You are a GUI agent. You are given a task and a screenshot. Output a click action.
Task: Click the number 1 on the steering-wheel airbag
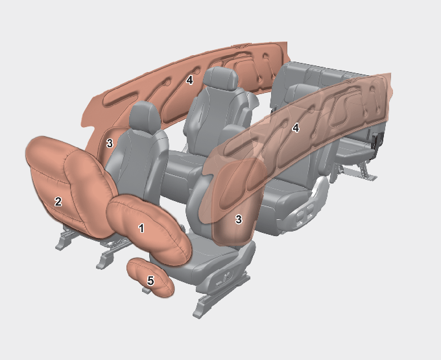click(x=141, y=228)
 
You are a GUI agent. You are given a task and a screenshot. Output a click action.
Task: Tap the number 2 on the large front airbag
click(x=58, y=202)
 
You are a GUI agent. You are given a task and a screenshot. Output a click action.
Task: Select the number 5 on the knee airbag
click(x=150, y=281)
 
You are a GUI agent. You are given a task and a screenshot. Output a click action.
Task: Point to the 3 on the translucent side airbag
click(x=239, y=219)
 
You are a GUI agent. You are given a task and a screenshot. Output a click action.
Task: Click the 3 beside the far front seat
click(x=110, y=143)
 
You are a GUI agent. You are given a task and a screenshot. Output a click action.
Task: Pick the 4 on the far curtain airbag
click(x=189, y=80)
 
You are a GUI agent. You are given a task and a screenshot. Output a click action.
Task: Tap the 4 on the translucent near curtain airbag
click(x=295, y=128)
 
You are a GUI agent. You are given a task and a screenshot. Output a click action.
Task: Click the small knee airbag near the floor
click(x=150, y=278)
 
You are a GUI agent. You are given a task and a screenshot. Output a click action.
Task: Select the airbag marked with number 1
click(x=149, y=229)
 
